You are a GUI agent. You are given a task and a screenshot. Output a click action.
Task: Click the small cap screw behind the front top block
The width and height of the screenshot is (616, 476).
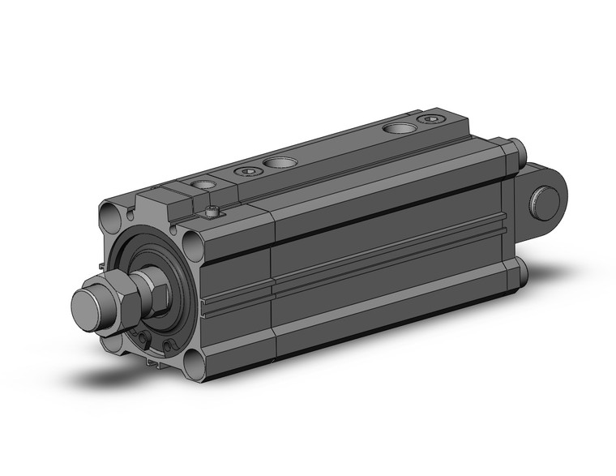coord(212,212)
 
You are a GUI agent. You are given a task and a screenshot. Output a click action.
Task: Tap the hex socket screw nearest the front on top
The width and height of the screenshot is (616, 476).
coord(246,171)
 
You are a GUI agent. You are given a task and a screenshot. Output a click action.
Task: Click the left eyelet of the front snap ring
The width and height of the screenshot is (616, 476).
coord(145,340)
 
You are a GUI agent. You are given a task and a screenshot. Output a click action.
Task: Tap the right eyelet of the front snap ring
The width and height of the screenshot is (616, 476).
coord(169,347)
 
